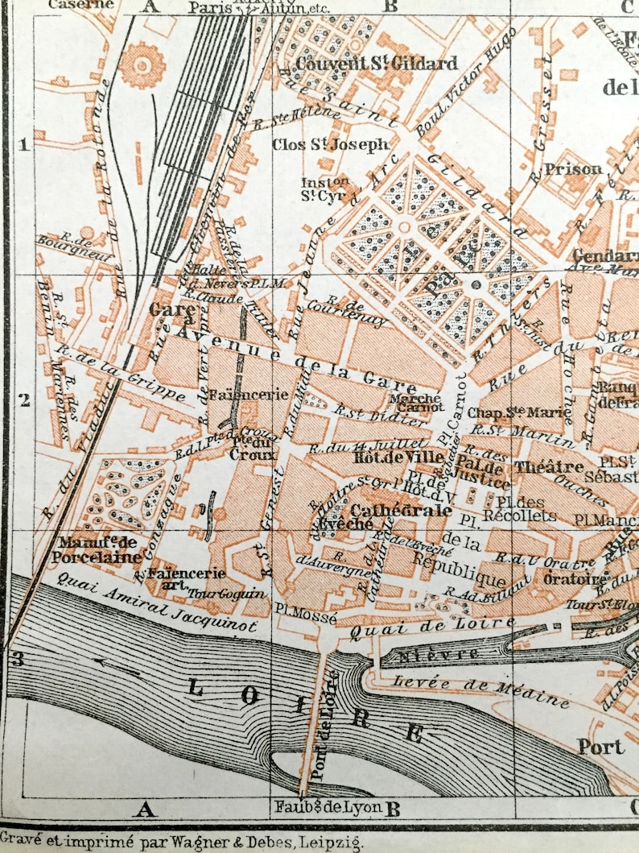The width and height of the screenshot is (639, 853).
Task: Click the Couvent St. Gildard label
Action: (x=376, y=63)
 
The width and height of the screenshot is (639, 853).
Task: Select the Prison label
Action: (x=572, y=169)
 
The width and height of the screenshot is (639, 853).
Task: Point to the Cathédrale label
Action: (x=390, y=510)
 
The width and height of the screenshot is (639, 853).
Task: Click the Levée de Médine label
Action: (x=480, y=691)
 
